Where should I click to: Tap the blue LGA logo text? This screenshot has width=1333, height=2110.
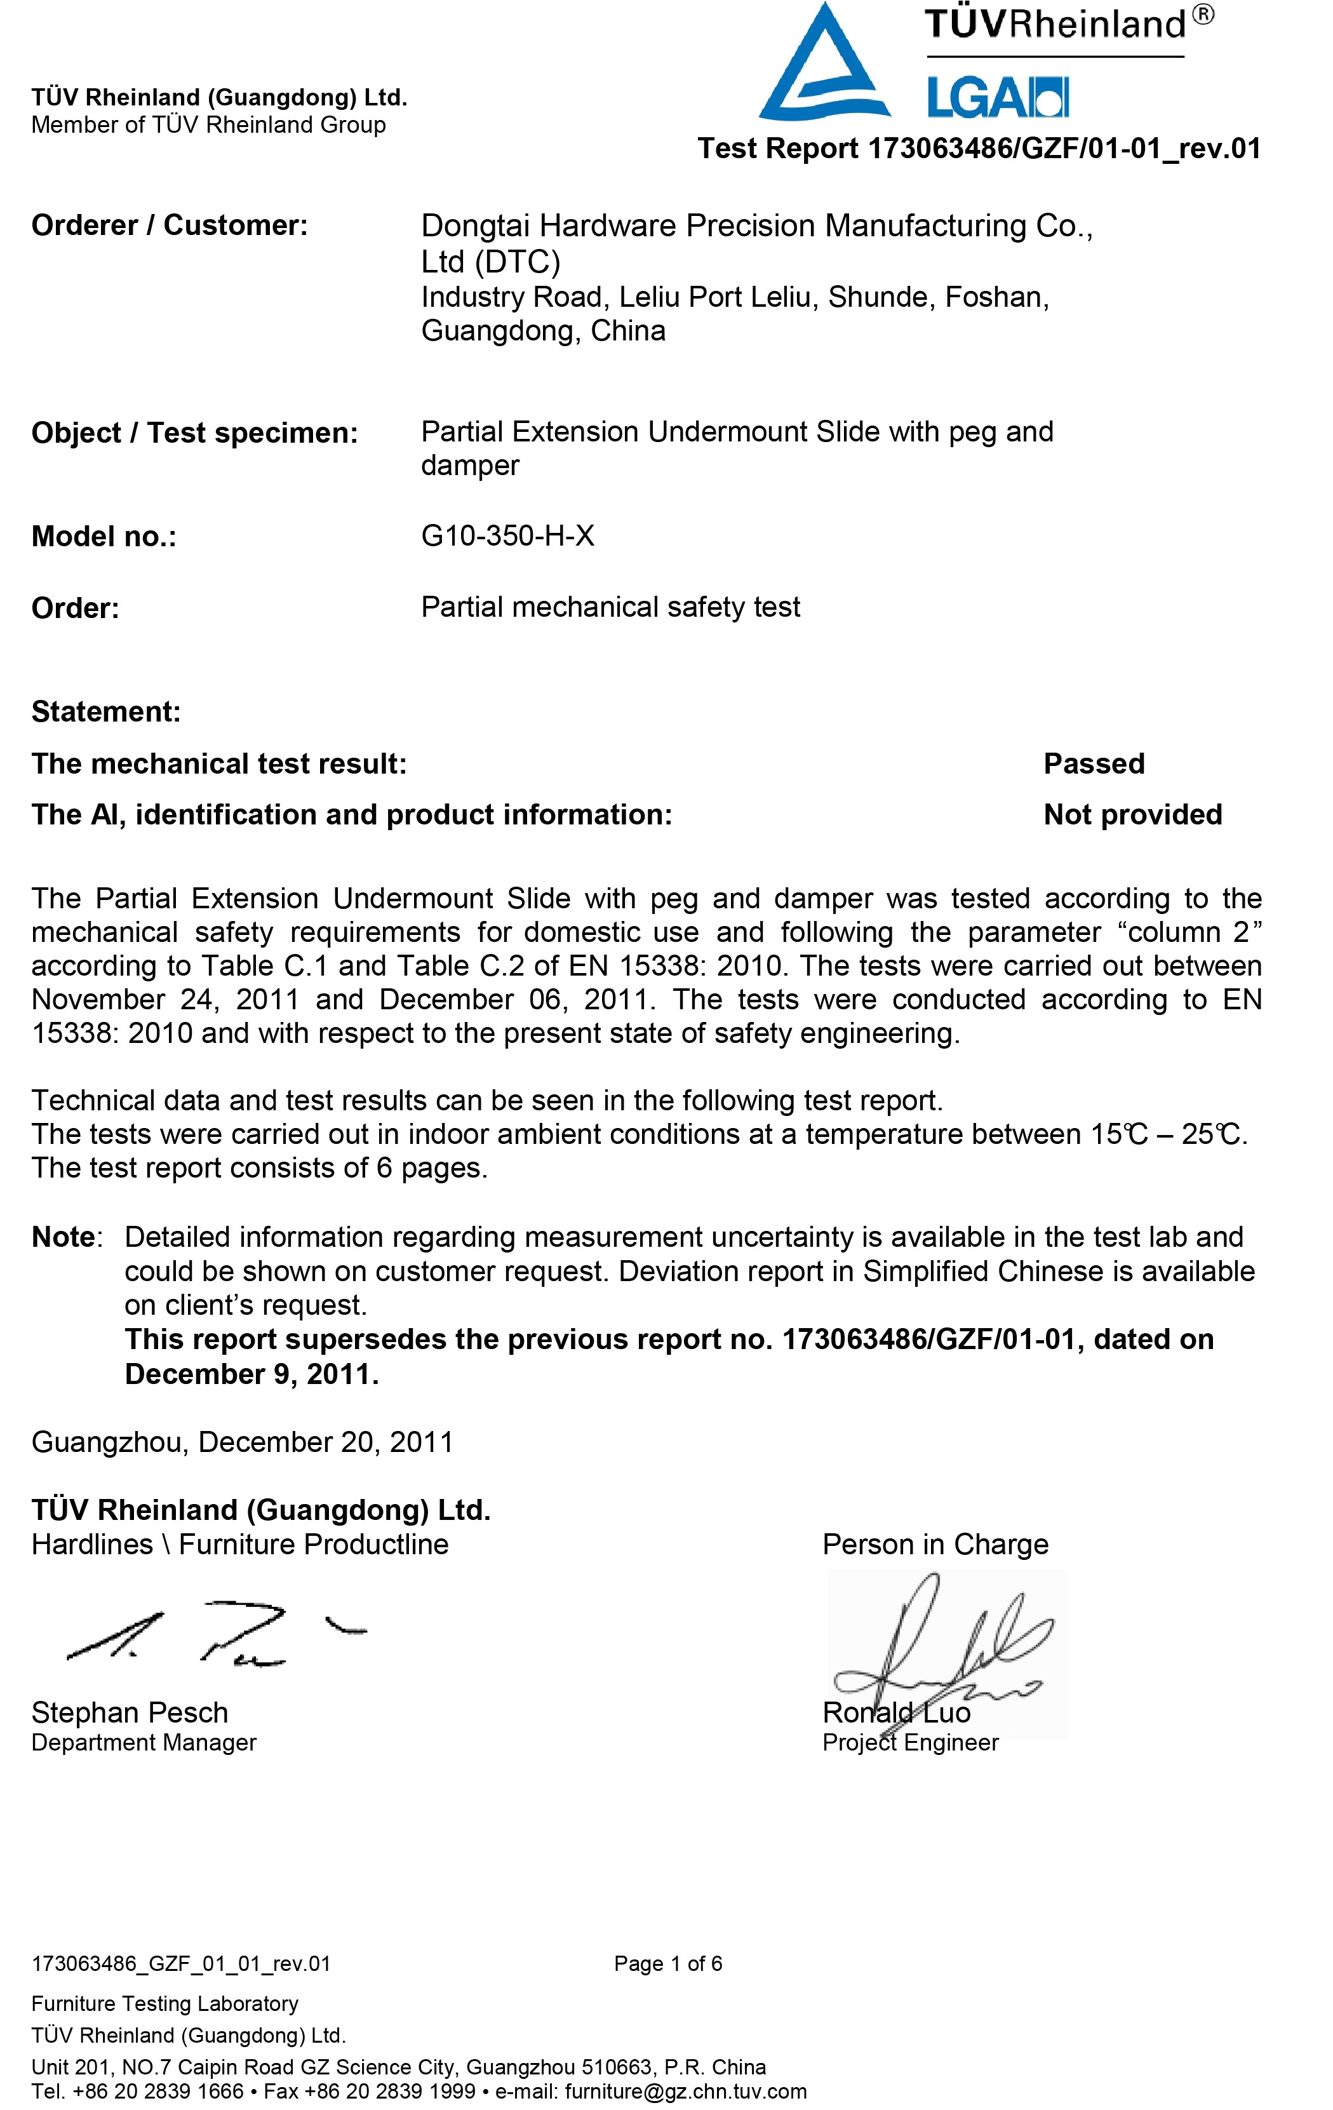coord(997,97)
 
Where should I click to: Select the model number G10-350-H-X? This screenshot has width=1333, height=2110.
coord(507,535)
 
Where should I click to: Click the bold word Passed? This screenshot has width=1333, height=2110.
coord(1094,763)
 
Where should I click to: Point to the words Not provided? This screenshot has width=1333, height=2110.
coord(1132,814)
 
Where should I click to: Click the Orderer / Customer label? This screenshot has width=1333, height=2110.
coord(169,225)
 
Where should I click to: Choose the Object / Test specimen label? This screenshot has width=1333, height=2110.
coord(194,433)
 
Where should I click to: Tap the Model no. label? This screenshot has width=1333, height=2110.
coord(104,536)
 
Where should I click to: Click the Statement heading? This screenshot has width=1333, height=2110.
coord(106,711)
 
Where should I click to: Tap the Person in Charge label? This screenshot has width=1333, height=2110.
coord(935,1544)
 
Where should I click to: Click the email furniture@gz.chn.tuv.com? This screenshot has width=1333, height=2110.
coord(685,2092)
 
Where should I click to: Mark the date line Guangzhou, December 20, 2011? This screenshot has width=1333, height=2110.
coord(242,1442)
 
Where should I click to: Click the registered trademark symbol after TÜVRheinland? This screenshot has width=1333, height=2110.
coord(1203,15)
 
